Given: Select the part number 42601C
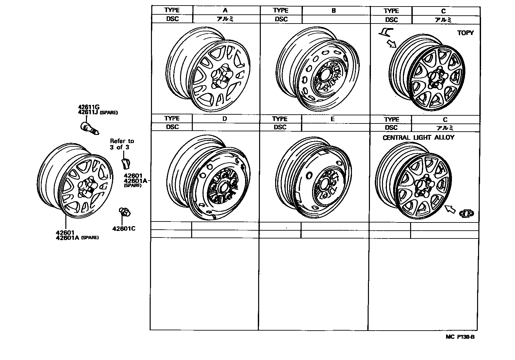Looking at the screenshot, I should [124, 228].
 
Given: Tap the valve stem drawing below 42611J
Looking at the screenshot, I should [89, 128].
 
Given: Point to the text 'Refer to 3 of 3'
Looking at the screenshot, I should [122, 144].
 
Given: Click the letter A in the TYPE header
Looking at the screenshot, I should [226, 10].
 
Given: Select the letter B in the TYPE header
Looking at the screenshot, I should [333, 10].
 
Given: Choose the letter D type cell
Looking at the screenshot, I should [224, 119].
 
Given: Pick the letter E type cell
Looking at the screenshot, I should [332, 119].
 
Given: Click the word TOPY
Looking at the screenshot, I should [465, 33].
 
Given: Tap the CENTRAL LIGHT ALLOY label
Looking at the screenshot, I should [418, 138].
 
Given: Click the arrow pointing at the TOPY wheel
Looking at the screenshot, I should [391, 43].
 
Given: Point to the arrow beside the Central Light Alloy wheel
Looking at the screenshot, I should [451, 209].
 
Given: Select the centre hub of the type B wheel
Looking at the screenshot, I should [324, 76].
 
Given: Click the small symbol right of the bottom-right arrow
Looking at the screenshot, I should [467, 213].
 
